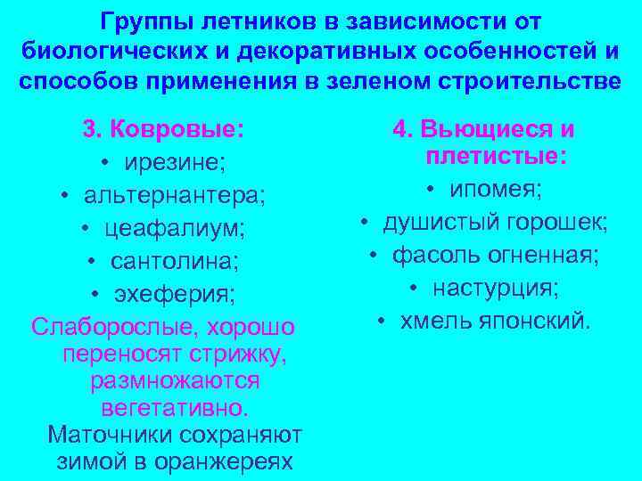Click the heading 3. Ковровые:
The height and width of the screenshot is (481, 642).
click(x=163, y=129)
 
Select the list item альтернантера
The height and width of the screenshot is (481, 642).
click(x=181, y=195)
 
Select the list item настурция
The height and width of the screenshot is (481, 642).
click(x=497, y=288)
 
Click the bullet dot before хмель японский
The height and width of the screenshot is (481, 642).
click(x=381, y=321)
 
